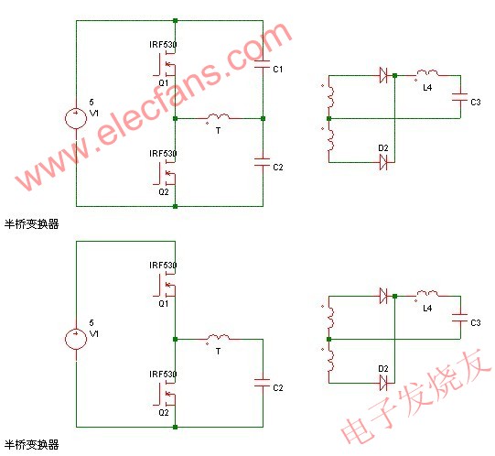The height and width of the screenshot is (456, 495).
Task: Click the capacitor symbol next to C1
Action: (263, 67)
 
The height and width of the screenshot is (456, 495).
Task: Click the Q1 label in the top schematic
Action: (163, 81)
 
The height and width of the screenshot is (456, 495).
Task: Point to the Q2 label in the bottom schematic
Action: (163, 412)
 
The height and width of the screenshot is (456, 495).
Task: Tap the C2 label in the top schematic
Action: (278, 168)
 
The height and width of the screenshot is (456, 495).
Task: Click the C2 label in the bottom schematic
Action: (278, 388)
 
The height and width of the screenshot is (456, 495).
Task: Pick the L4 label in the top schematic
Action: (427, 87)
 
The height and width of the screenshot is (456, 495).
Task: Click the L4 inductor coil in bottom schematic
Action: (426, 296)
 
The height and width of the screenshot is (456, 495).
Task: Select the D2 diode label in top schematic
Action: (383, 147)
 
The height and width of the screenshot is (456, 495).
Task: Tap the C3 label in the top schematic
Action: (475, 102)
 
